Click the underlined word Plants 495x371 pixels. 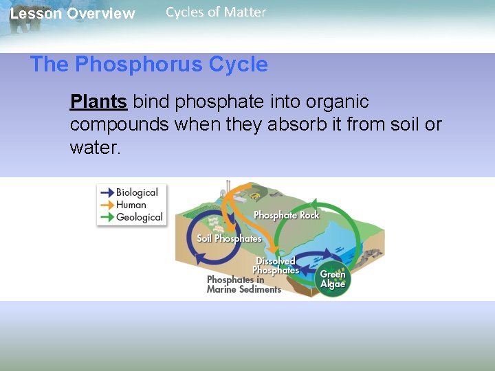click(98, 102)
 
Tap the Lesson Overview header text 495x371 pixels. click(72, 14)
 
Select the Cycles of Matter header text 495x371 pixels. click(215, 12)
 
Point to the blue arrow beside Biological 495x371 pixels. click(106, 192)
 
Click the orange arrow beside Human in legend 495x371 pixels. click(106, 205)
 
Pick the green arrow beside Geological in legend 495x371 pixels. click(106, 217)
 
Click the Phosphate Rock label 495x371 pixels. click(286, 215)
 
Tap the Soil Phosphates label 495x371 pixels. click(229, 238)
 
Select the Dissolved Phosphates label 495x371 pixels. click(276, 266)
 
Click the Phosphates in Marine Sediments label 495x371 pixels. click(243, 284)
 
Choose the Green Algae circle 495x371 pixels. click(333, 279)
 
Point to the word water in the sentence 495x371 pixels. click(94, 148)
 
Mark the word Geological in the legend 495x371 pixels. click(140, 217)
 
